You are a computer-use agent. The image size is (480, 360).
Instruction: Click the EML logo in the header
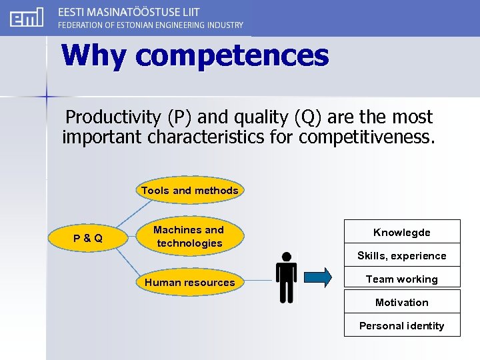coord(27,17)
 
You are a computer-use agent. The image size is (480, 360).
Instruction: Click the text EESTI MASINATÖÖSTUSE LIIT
coord(128,12)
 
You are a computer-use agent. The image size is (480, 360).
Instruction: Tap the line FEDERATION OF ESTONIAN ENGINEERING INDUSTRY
coord(151,25)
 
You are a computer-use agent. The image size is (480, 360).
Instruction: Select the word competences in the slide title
coord(232,55)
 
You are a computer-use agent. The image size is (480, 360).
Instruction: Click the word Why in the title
coord(94,55)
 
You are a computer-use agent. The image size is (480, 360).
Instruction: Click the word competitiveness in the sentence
coord(366,137)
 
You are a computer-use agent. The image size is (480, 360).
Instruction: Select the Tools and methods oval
coord(189,191)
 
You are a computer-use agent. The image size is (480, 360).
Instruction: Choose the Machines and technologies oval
coord(189,237)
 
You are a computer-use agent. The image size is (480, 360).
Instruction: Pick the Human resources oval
coord(189,283)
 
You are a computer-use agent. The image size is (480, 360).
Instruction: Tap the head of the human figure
coord(286,257)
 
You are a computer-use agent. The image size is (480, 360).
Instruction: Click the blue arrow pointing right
coord(317,277)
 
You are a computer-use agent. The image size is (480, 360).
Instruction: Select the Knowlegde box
coord(402,232)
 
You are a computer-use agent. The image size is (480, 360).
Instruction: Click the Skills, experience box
coord(402,255)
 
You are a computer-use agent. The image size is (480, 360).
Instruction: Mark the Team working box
coord(402,279)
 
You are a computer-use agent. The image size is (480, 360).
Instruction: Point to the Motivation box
coord(402,302)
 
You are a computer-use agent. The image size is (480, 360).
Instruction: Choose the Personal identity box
coord(402,325)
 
